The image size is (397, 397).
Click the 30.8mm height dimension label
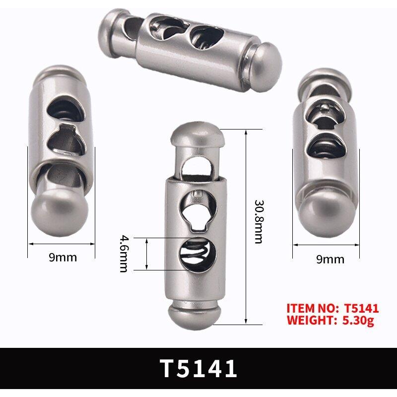(258, 221)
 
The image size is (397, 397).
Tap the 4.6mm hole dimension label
(124, 253)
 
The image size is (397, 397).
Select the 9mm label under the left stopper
(63, 258)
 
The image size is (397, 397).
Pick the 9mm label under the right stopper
(330, 259)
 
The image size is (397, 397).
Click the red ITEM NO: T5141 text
(332, 308)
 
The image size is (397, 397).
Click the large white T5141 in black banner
(198, 368)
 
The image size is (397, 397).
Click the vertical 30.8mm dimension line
(246, 223)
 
